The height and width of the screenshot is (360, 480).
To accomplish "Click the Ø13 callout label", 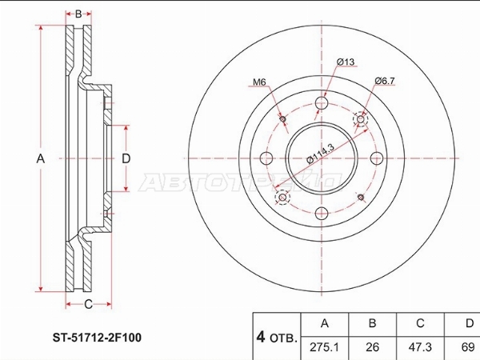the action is pyautogui.click(x=346, y=62).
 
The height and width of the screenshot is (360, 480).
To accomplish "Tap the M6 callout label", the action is pyautogui.click(x=259, y=82).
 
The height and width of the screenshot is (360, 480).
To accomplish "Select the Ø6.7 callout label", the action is pyautogui.click(x=385, y=81).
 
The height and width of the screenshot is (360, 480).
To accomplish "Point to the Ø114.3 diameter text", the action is pyautogui.click(x=321, y=154).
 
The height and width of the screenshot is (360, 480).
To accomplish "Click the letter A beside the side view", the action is pyautogui.click(x=41, y=159).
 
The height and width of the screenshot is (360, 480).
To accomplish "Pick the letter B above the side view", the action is pyautogui.click(x=78, y=14).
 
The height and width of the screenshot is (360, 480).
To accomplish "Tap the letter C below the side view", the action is pyautogui.click(x=88, y=304).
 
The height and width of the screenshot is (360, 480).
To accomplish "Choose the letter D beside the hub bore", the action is pyautogui.click(x=126, y=158).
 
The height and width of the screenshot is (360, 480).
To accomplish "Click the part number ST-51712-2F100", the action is pyautogui.click(x=97, y=338).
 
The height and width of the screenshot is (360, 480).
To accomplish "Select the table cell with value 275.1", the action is pyautogui.click(x=325, y=348).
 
